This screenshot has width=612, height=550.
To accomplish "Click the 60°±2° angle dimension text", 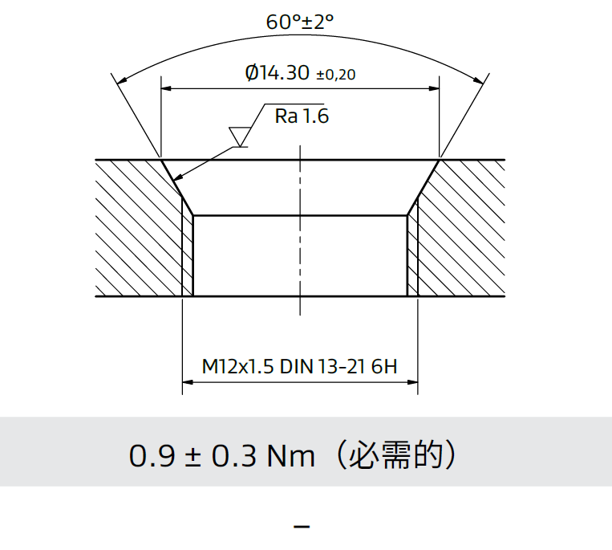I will coord(299,22).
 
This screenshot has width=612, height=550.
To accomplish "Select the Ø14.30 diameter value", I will coord(277,73).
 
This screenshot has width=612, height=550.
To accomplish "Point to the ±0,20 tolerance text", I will coord(336,75).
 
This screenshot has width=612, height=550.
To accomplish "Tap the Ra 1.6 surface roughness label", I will coord(302,116).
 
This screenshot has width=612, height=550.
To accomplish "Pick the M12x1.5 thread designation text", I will coord(237,368).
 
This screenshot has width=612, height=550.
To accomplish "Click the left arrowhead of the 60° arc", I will coord(121,80).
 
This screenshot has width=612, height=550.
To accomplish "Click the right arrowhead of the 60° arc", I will coord(480,80).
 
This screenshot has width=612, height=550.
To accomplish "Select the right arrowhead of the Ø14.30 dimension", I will coord(434,88).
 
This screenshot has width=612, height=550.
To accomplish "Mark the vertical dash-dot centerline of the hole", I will coord(300,241).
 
